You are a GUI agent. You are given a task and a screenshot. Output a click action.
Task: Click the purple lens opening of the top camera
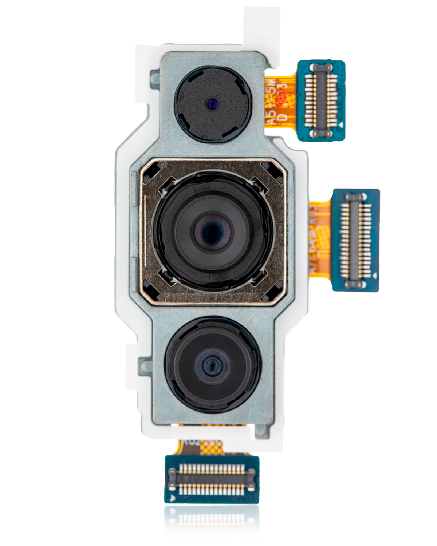click(212, 104)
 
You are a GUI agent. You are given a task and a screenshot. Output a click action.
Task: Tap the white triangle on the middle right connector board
click(374, 276)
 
